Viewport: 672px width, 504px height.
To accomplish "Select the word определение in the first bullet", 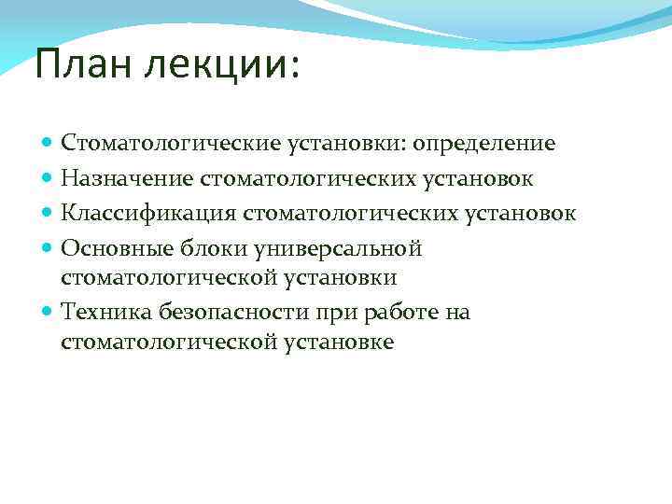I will (x=484, y=144).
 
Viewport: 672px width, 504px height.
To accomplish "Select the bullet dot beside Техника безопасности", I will (x=49, y=313).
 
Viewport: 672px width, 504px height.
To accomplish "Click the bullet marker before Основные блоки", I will (x=49, y=249).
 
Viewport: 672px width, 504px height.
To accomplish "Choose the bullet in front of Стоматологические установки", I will (x=49, y=144).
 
